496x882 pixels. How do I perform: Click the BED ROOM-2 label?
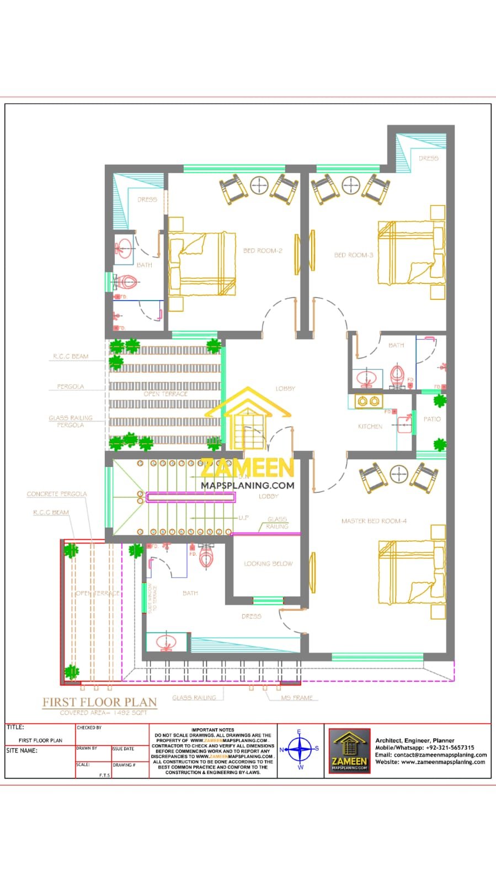263,251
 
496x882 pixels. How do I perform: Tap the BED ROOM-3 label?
354,255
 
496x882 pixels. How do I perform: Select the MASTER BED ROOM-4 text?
374,521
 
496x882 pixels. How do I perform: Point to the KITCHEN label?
370,427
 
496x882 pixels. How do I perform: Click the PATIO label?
432,420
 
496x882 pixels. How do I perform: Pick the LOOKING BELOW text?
268,564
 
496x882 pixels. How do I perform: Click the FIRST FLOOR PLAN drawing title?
100,702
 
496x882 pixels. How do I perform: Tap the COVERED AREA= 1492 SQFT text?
104,713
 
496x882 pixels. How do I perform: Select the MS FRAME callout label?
297,698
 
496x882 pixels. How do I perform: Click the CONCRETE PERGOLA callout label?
57,494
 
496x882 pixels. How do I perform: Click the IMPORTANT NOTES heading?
213,730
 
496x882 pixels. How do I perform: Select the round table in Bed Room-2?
259,186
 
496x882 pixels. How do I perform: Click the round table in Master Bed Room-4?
399,474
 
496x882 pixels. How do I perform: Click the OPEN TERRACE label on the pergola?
166,394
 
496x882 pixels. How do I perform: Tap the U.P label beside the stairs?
243,518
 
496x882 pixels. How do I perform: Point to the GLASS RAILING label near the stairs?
277,523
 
